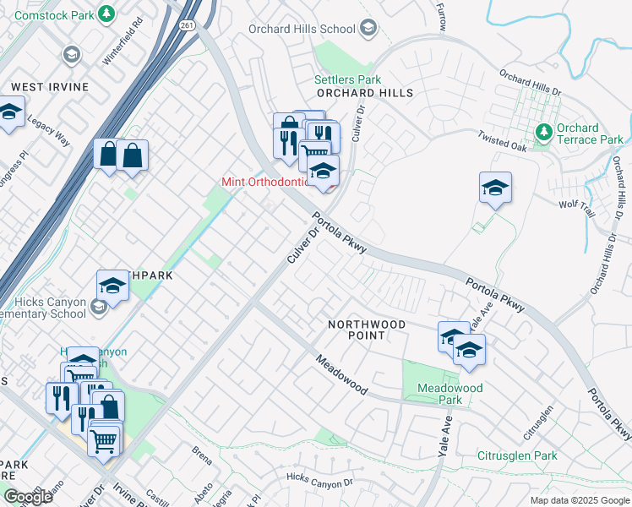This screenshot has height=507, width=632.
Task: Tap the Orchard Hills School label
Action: coord(302,29)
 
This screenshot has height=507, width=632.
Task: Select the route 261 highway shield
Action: coord(188,25)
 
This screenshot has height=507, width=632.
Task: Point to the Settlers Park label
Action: coord(342,79)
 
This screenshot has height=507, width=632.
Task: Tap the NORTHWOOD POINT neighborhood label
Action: coord(367,330)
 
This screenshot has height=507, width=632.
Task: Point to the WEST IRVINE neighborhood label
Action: coord(44,87)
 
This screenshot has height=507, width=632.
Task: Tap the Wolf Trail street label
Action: coord(577,206)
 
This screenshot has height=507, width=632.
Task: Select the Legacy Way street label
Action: coord(47,128)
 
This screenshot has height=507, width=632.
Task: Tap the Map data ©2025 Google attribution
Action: coord(579,500)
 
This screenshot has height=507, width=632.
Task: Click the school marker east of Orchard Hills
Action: coord(495,187)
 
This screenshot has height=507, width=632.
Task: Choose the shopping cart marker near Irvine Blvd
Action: coord(104,439)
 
